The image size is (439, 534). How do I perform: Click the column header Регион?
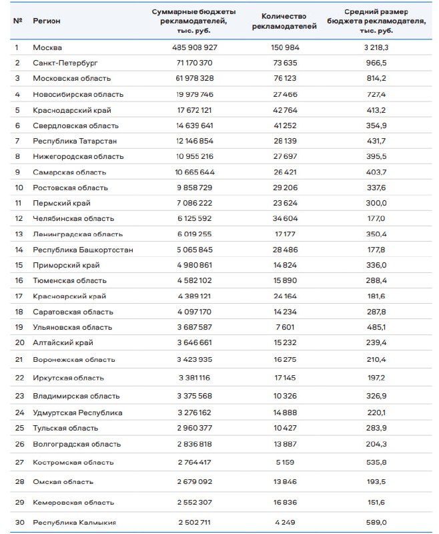(x=46, y=21)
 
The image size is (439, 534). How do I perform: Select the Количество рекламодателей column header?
(x=288, y=21)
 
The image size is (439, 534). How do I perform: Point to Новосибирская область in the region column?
(x=78, y=94)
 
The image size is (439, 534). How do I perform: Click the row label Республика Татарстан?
(x=75, y=141)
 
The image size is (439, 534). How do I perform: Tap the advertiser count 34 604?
(x=288, y=218)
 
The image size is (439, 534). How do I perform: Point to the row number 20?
(x=19, y=342)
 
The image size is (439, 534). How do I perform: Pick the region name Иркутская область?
(x=68, y=378)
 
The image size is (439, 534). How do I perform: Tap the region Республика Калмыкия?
(x=75, y=522)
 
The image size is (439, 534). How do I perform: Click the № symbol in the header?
(x=17, y=21)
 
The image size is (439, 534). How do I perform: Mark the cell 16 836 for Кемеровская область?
(x=288, y=502)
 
